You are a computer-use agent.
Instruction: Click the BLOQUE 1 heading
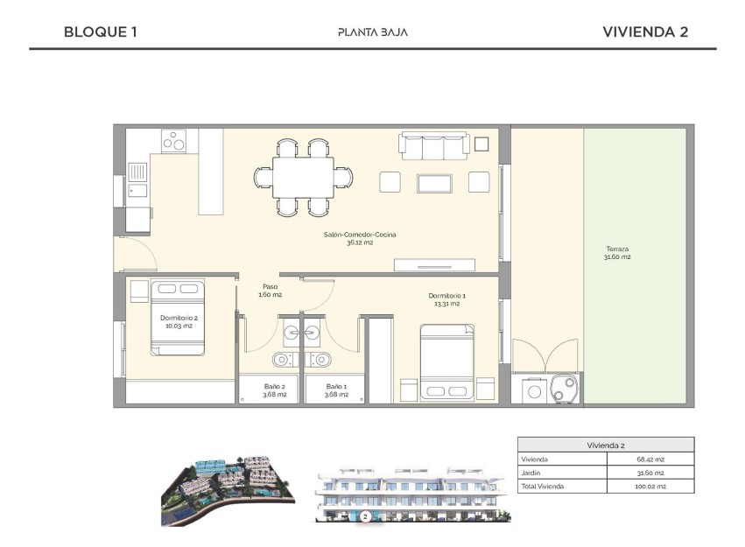101,32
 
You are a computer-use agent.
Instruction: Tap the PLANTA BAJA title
372,32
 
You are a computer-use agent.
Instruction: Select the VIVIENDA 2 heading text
645,32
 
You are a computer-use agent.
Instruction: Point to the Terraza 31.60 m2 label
616,253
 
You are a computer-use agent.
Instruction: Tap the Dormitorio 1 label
446,300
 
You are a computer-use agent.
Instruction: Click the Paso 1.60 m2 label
271,291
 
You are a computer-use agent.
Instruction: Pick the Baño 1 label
336,390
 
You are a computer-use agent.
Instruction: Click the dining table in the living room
303,178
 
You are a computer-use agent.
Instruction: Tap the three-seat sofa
432,146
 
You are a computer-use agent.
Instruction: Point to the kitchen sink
137,191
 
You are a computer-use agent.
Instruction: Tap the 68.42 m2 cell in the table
650,459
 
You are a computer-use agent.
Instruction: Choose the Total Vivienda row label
543,486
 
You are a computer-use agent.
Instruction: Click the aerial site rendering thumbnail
227,490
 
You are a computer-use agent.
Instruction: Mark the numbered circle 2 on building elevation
364,516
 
